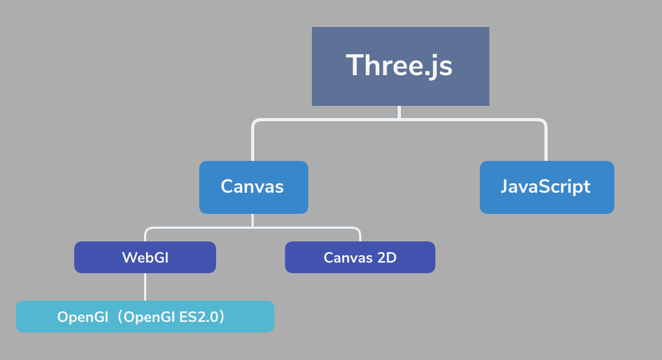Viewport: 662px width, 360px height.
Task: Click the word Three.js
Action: tap(399, 65)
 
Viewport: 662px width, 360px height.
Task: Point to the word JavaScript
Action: tap(545, 186)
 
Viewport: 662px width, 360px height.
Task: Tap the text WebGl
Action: tap(145, 257)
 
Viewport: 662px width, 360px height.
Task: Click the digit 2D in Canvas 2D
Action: tap(387, 257)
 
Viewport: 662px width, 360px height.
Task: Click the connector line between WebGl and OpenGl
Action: tap(145, 287)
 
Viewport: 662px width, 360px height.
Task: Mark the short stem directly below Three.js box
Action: tap(399, 112)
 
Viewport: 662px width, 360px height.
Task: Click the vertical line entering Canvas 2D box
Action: tap(360, 236)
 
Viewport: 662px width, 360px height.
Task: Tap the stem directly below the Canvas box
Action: tap(253, 220)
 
